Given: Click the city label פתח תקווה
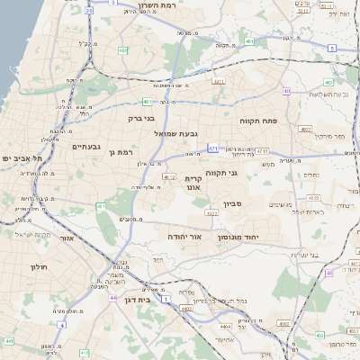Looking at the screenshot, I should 257,120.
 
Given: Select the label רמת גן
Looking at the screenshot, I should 119,152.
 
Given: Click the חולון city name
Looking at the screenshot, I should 38,267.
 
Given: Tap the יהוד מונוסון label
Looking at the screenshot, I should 238,236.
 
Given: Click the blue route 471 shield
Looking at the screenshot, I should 212,147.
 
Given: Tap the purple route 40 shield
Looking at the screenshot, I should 286,91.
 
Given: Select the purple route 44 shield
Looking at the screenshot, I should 8,341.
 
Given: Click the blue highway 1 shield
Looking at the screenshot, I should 166,299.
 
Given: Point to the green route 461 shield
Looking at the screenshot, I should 102,207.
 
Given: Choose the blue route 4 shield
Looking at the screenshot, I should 62,324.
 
